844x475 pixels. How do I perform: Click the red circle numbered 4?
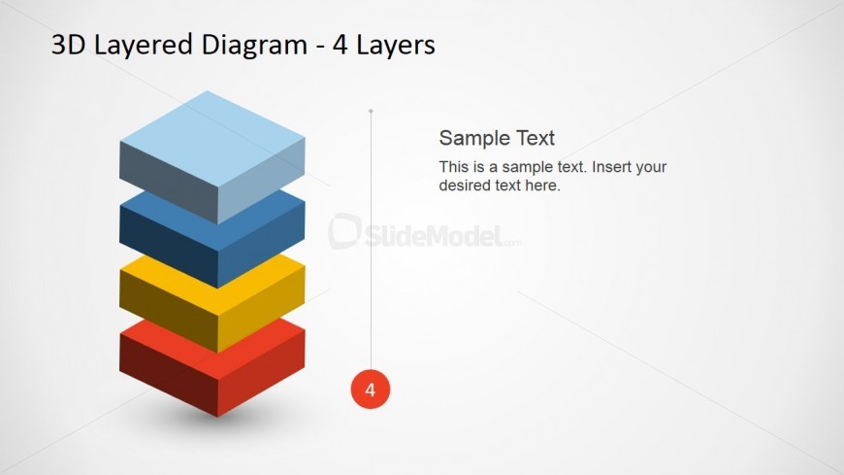[371, 389]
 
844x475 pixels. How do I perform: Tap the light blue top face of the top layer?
[212, 139]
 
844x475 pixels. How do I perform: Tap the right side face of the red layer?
[261, 373]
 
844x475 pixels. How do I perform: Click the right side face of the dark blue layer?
[261, 245]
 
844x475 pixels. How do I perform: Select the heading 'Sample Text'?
[497, 138]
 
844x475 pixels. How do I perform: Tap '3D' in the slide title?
[68, 45]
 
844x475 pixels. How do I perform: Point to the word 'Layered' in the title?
[144, 46]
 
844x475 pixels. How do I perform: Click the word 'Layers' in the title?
[396, 46]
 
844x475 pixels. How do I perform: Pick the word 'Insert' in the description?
[611, 167]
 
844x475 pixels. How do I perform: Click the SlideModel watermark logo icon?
[344, 231]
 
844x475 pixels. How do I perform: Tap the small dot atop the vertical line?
[371, 111]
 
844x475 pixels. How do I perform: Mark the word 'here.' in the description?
[542, 186]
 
